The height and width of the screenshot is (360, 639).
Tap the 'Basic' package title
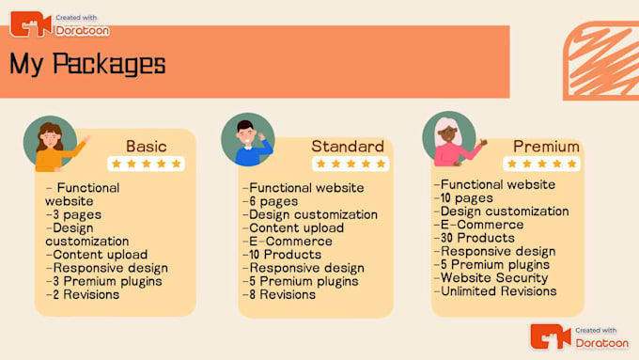(x=148, y=146)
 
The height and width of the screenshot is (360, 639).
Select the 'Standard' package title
(x=347, y=147)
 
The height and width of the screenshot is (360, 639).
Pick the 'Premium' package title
(x=546, y=147)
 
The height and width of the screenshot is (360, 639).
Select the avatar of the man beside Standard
(x=248, y=141)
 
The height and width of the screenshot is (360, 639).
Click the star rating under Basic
(x=146, y=164)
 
